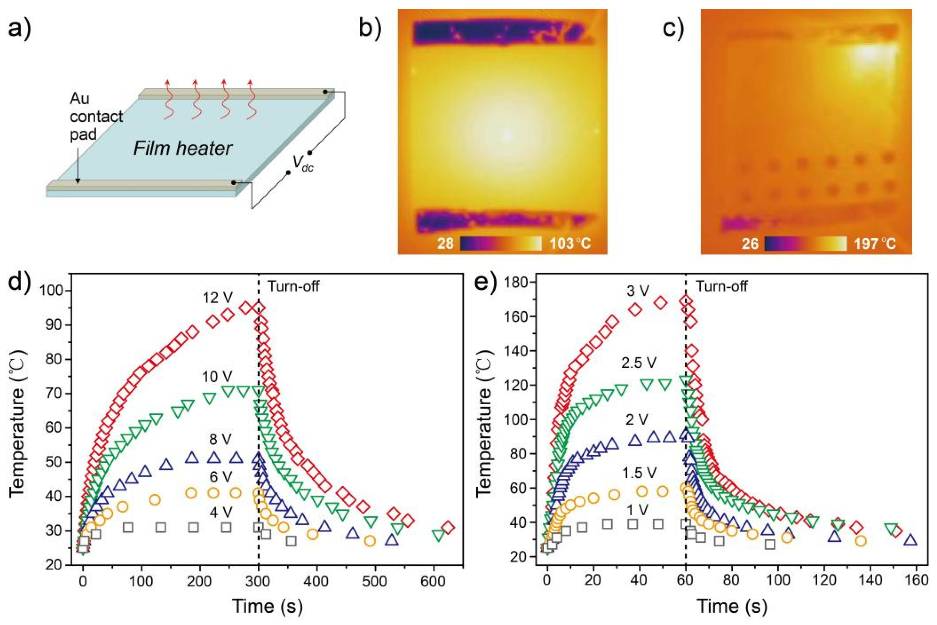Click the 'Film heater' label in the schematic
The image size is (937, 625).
click(183, 148)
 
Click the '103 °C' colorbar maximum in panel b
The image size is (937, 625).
click(570, 243)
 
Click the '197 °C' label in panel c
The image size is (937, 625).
click(875, 243)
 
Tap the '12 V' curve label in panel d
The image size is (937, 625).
click(218, 297)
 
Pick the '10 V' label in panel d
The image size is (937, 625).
click(217, 376)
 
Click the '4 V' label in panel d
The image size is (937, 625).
click(220, 513)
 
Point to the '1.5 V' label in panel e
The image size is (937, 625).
click(639, 473)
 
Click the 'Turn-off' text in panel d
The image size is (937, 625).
click(293, 286)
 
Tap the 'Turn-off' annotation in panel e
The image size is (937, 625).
click(722, 286)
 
